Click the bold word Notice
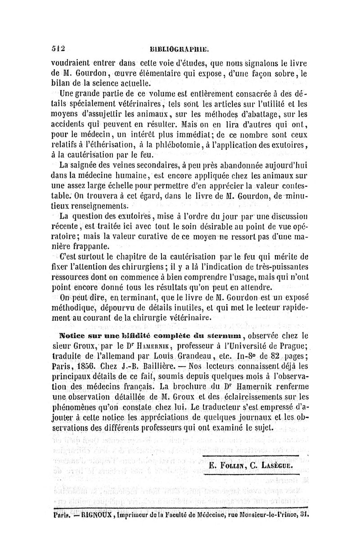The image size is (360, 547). click(74, 335)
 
